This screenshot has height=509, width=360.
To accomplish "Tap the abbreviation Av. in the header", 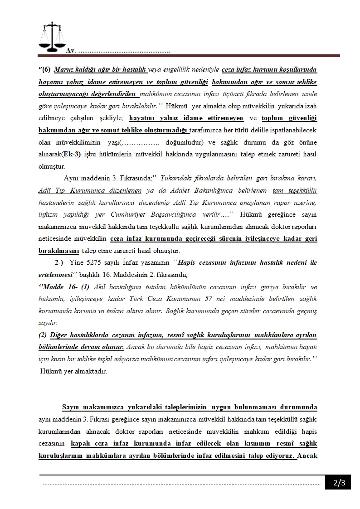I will [x=71, y=50].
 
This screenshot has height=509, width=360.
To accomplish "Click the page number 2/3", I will [x=339, y=483].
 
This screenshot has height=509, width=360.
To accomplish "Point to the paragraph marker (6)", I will [x=44, y=70].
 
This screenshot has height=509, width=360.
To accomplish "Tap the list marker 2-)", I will [x=59, y=262].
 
